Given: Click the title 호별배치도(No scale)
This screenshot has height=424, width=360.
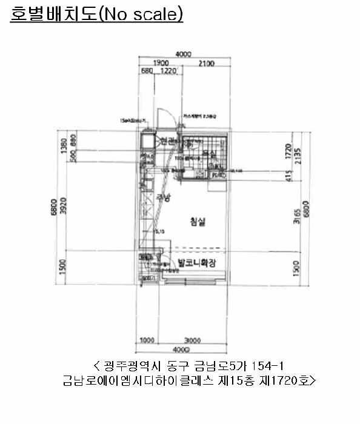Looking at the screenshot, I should coord(96,15).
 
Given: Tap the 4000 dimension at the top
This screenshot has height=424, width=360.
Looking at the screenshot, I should coord(184,54).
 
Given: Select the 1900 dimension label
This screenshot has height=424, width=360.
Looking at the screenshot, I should coord(160,64).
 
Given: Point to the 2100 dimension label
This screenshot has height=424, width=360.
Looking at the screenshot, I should coord(205,64).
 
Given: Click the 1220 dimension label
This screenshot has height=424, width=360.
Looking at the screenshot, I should coord(168,71).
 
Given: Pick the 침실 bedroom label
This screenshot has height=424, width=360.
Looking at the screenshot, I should coord(198,222).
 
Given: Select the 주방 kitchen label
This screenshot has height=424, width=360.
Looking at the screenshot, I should coord(163,197).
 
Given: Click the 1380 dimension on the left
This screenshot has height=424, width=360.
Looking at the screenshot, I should coord(65,147).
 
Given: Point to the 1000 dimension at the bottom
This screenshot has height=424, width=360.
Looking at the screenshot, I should coord(147,341).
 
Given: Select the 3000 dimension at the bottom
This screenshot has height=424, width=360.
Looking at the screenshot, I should coord(193,341).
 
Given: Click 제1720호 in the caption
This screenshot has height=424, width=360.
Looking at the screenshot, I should coord(290,381).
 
